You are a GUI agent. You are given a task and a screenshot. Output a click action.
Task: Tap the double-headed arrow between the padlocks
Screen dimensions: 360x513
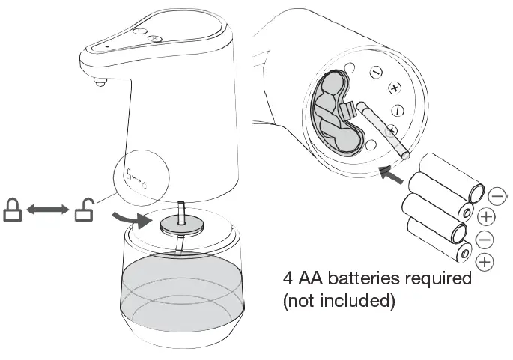point(47,211)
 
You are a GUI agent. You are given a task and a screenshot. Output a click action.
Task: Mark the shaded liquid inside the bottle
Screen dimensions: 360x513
point(182,288)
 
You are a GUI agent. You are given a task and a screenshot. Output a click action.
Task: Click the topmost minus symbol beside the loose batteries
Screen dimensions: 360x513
point(496,196)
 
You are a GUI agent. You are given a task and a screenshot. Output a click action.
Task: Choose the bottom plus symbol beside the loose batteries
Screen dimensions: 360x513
point(485,262)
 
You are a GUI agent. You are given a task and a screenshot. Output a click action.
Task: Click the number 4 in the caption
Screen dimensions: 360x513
point(288,279)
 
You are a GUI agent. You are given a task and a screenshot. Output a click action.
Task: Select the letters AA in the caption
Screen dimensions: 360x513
point(312,279)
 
